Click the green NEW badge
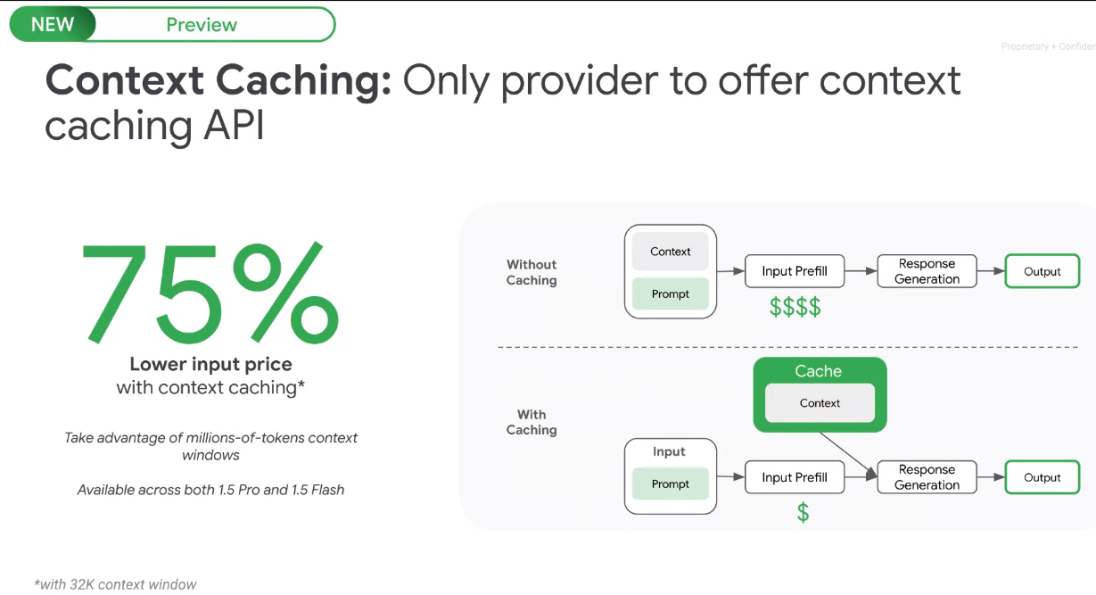tap(52, 25)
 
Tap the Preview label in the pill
tap(202, 25)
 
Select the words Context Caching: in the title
tap(218, 81)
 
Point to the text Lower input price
tap(210, 364)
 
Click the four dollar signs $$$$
tap(795, 308)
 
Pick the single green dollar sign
tap(803, 513)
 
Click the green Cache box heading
tap(819, 371)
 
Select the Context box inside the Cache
tap(820, 403)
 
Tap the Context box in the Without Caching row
tap(671, 252)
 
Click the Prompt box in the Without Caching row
tap(671, 294)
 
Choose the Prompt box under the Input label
tap(671, 484)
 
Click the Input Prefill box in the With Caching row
tap(795, 477)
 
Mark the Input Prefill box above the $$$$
tap(795, 271)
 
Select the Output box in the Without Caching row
tap(1042, 271)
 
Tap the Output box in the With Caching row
tap(1042, 477)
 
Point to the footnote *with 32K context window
tap(115, 584)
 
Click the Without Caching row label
tap(532, 272)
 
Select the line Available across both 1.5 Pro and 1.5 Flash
tap(210, 490)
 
